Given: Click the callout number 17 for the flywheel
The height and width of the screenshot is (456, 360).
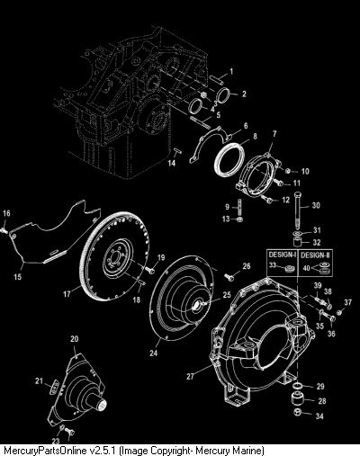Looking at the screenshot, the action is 67,293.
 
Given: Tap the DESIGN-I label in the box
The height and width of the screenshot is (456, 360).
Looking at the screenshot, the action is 283,255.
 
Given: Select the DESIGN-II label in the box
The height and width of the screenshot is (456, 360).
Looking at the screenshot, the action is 315,255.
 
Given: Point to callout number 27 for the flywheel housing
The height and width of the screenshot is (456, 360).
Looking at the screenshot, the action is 190,376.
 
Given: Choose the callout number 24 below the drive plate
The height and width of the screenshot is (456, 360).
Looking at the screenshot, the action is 153,353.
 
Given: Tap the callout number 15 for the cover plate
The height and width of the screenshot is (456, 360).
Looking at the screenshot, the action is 18,277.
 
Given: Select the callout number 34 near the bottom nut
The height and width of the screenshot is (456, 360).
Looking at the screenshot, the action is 319,416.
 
